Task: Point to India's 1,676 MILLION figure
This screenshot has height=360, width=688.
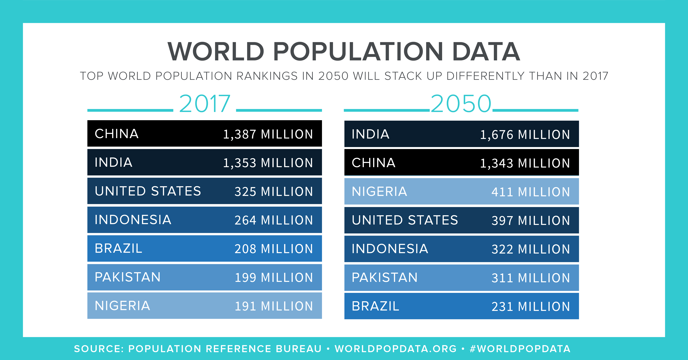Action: point(525,134)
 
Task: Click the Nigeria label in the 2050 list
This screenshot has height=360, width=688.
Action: point(379,191)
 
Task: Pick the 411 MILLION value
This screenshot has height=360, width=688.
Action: point(531,192)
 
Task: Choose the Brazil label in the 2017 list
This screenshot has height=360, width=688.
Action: point(119,248)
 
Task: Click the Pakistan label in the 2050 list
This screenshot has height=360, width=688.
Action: point(385,277)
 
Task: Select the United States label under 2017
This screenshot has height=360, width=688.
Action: point(148,191)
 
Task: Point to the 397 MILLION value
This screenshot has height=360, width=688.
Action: point(531,221)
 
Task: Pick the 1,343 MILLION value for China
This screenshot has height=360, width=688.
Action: point(525,163)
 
